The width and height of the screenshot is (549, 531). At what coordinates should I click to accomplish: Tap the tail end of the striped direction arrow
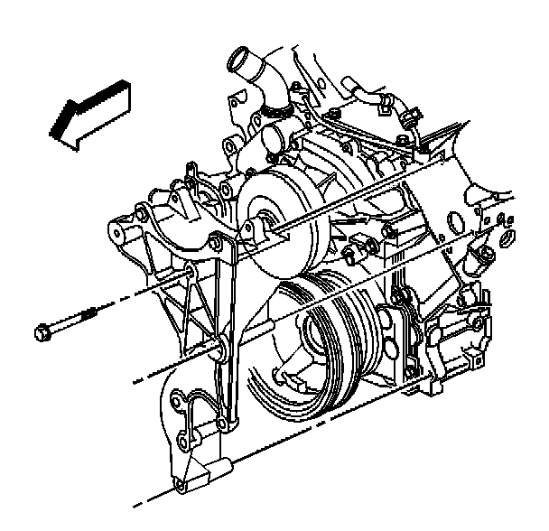[x=120, y=89]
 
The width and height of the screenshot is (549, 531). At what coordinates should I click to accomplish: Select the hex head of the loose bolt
[x=42, y=335]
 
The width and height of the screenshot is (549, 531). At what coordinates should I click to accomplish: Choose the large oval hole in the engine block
[x=505, y=240]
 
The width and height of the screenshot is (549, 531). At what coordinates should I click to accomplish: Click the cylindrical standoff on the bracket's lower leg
[x=219, y=470]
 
